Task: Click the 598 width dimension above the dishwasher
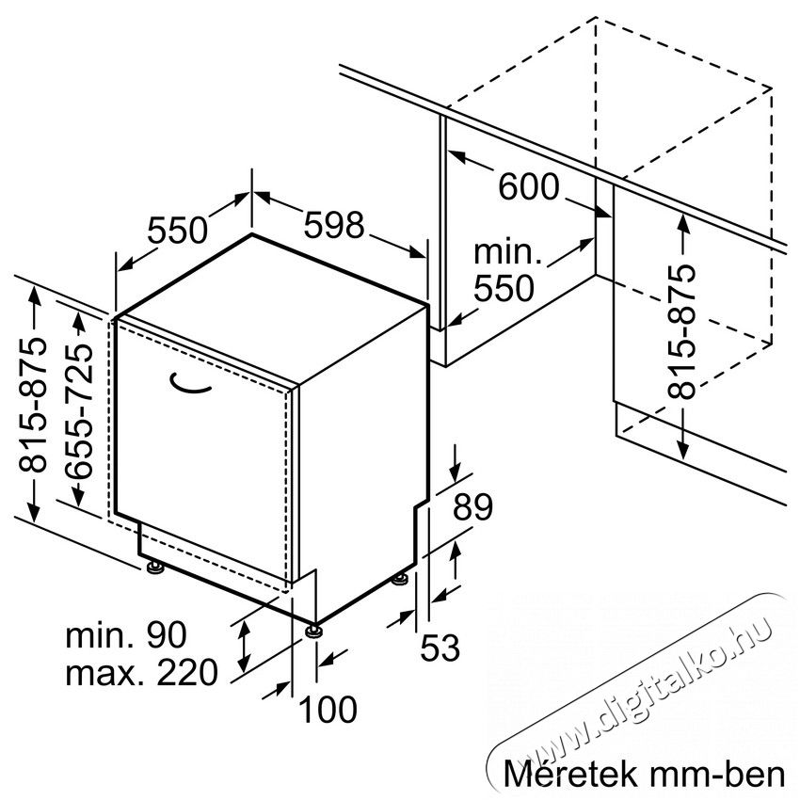334,225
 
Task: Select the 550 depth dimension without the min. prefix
178,230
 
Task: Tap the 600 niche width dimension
529,186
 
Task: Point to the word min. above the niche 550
507,252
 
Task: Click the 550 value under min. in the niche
504,288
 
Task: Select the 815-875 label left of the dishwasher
33,404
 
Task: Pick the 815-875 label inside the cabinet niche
681,331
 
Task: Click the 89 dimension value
472,506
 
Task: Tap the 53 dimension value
440,648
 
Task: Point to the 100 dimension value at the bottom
328,710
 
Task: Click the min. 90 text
126,635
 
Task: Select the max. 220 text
142,672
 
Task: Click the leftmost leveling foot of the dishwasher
154,567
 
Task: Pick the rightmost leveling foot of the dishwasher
401,580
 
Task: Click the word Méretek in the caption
571,774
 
